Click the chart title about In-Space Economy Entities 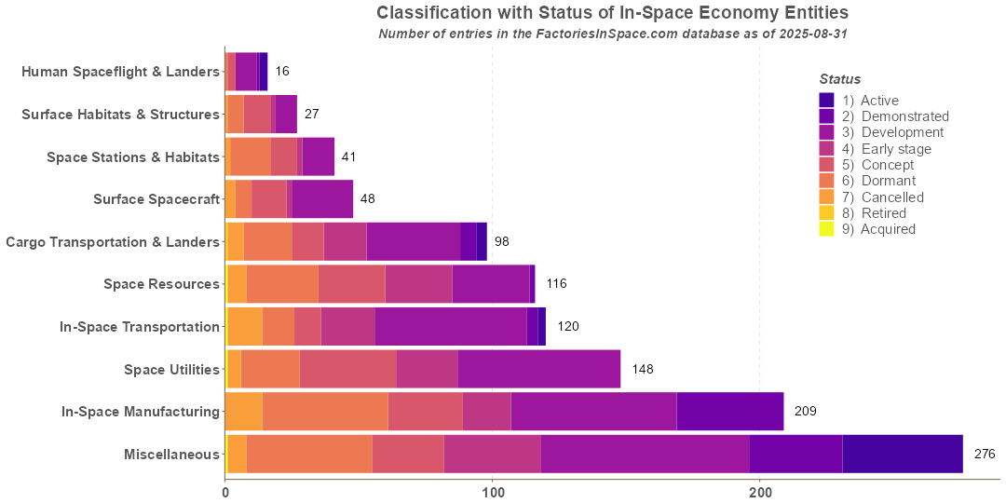click(612, 13)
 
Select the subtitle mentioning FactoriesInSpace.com click(612, 34)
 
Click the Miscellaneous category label click(171, 455)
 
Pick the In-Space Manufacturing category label click(141, 412)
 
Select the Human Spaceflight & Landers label click(120, 72)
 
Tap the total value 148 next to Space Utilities click(643, 369)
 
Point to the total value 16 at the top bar click(282, 72)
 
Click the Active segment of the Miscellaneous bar click(902, 455)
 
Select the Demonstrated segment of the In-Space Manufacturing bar click(729, 412)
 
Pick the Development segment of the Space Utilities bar click(538, 369)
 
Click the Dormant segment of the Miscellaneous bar click(309, 455)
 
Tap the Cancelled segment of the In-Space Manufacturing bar click(244, 412)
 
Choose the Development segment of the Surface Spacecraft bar click(322, 199)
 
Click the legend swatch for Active click(826, 100)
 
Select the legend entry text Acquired click(888, 229)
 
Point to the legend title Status click(839, 79)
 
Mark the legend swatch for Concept click(826, 165)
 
